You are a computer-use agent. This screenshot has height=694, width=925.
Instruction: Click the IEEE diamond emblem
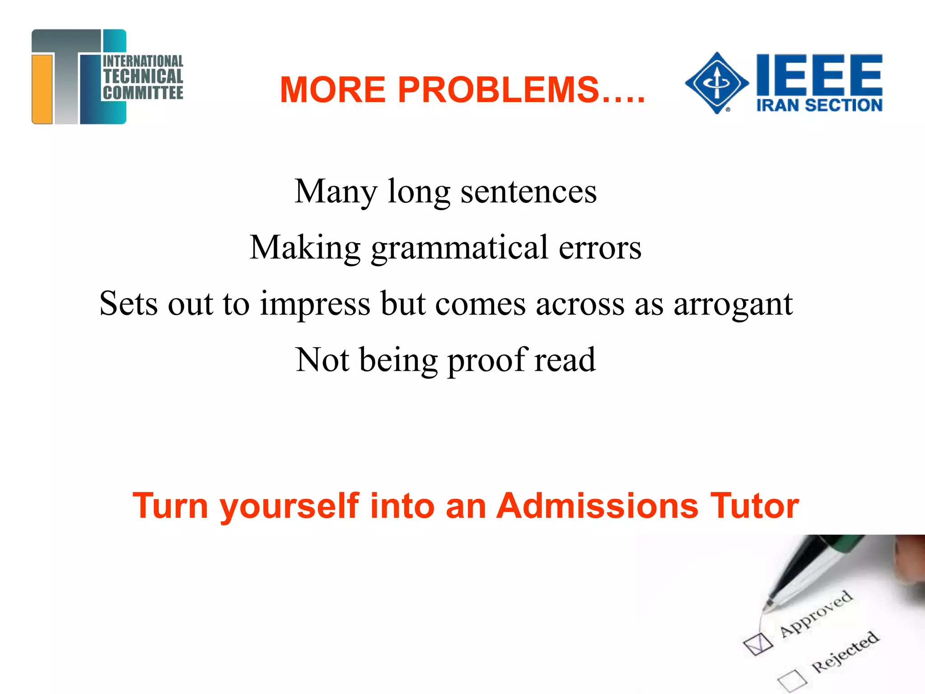pos(717,83)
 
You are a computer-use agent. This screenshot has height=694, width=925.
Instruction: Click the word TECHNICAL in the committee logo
pos(143,76)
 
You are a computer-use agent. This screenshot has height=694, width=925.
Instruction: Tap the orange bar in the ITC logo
pos(42,89)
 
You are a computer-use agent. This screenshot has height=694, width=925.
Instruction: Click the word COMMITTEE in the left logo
pos(143,93)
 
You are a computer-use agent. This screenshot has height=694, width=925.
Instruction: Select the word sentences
pos(528,192)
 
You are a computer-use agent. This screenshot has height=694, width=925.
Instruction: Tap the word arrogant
pos(733,304)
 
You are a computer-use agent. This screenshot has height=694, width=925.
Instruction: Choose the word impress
pos(315,304)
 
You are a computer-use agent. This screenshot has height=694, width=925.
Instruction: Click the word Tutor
pos(754,506)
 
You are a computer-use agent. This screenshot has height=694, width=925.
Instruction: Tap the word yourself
pos(290,506)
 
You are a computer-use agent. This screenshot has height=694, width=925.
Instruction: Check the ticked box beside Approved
pos(758,643)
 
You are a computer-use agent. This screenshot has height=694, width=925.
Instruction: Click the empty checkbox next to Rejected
pos(792,680)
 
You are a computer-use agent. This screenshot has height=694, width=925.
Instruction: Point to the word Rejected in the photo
pos(845,651)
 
